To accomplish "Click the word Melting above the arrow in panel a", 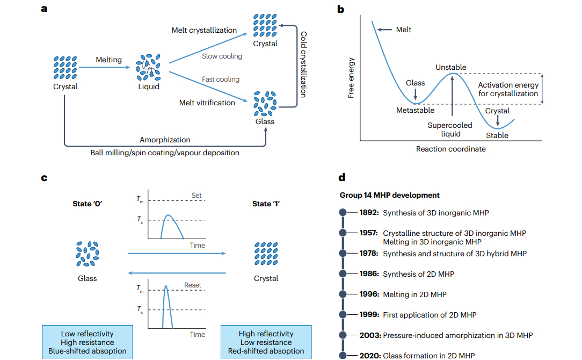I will (x=109, y=60).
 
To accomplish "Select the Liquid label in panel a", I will (x=148, y=87).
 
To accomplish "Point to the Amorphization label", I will (x=165, y=140).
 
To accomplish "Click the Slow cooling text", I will (x=222, y=56).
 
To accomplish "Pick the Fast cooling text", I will (x=221, y=80).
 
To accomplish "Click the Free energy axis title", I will (x=351, y=78).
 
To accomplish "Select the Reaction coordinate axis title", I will (x=450, y=149).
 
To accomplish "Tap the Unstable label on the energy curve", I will (x=450, y=68).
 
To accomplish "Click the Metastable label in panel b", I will (x=415, y=110).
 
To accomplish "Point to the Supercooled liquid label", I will (x=450, y=129).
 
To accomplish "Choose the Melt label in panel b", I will (x=404, y=30).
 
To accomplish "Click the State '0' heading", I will (x=88, y=204).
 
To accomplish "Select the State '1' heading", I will (x=266, y=204).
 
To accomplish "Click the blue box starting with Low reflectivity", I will (x=88, y=342).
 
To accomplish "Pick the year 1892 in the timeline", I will (x=369, y=213).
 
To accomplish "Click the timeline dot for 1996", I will (x=344, y=294).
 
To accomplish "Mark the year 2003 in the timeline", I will (x=370, y=335).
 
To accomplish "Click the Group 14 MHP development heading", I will (x=390, y=195).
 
